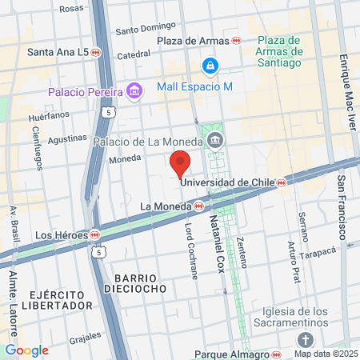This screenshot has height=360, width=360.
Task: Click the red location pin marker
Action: click(180, 162)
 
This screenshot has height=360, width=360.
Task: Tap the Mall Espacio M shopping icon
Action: click(210, 64)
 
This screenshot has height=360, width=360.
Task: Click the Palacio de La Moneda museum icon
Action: click(214, 142)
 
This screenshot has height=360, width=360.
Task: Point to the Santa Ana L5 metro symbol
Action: click(96, 53)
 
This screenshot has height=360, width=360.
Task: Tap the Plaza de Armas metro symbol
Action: click(237, 40)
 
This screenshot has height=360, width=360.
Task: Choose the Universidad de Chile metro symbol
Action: click(282, 183)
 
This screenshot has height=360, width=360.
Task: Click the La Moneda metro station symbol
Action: click(198, 206)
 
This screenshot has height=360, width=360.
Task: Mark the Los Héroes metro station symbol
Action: click(95, 235)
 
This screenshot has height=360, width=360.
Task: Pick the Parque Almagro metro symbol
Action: click(277, 352)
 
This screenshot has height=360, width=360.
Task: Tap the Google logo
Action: click(26, 350)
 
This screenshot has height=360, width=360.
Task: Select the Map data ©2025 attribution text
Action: click(326, 353)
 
